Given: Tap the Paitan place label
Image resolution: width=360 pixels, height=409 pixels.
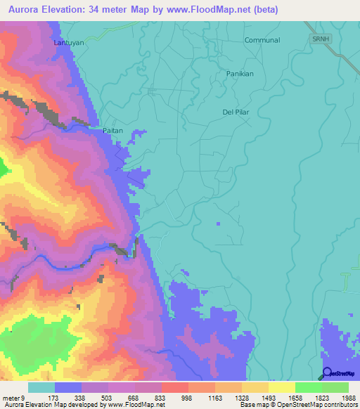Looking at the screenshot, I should pyautogui.click(x=112, y=131).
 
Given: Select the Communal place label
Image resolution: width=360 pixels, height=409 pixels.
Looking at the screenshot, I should pyautogui.click(x=262, y=40).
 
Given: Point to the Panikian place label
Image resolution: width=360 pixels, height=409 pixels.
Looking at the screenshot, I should pyautogui.click(x=239, y=74).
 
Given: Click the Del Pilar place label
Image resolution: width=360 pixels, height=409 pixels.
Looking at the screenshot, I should pyautogui.click(x=236, y=112).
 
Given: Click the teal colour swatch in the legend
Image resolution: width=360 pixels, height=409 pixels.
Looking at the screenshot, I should pyautogui.click(x=41, y=387).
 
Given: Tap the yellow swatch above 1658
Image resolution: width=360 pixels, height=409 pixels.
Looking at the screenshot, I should pyautogui.click(x=282, y=387).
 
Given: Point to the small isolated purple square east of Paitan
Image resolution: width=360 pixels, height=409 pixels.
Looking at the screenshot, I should pyautogui.click(x=219, y=223).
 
